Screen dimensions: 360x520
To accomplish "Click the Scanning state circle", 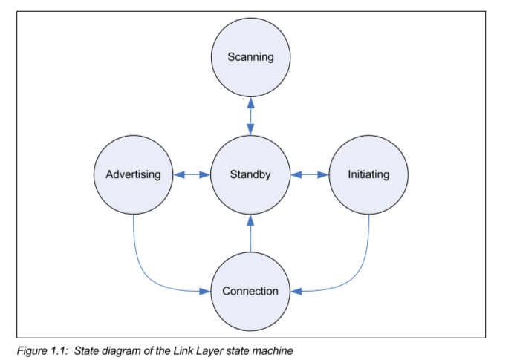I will click(250, 57).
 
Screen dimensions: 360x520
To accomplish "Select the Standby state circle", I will click(250, 175).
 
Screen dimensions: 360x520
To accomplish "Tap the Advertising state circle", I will click(133, 175).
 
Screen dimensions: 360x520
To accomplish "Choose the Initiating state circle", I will click(368, 175).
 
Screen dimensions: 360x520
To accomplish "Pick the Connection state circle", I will click(250, 291).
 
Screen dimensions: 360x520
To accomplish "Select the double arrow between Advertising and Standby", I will click(192, 175).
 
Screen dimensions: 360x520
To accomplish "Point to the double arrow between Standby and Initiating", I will click(309, 175).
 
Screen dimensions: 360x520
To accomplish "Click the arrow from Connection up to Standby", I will click(250, 232).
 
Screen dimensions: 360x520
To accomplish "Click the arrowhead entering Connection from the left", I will click(206, 291).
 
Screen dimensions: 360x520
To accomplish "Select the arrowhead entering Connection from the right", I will click(296, 291).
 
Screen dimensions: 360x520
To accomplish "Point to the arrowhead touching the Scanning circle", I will click(250, 102).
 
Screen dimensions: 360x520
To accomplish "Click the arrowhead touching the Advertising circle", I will click(178, 175).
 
